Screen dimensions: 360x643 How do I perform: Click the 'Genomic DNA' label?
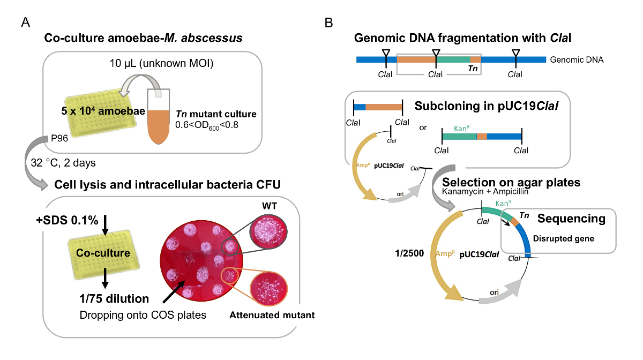tap(577, 59)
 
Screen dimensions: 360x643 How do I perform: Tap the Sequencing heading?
tap(571, 219)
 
